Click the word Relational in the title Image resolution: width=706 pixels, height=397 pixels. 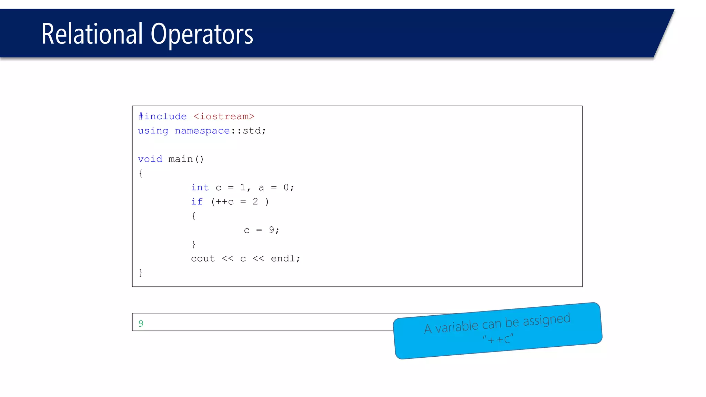[x=92, y=34]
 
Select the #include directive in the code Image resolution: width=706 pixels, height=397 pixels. [x=162, y=116]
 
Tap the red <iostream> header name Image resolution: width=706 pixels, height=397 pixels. [x=224, y=116]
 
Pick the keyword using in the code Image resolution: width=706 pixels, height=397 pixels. [x=153, y=131]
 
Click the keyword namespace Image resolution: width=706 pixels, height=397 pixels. [x=202, y=131]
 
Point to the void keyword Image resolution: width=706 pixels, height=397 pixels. [x=150, y=159]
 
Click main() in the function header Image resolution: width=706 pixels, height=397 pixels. [x=186, y=159]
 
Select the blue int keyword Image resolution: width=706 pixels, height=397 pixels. [x=200, y=187]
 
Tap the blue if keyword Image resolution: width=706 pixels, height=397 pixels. [x=197, y=202]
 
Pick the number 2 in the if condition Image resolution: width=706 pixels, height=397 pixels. [x=255, y=202]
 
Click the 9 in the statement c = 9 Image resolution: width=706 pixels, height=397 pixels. [x=272, y=230]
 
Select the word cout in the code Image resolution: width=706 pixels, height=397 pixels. [x=203, y=258]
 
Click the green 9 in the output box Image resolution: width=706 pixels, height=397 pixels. [x=141, y=323]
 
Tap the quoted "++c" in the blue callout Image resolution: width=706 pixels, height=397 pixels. [x=498, y=339]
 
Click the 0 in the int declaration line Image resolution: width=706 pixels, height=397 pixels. [x=286, y=187]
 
